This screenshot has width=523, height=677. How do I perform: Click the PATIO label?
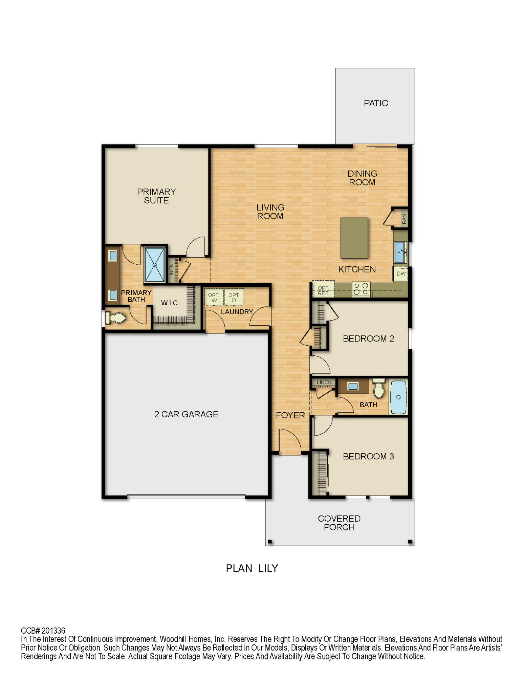pos(376,103)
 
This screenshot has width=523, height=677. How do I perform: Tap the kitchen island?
pos(354,238)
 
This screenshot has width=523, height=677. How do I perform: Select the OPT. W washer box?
pos(214,297)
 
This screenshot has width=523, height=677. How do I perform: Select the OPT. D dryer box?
pos(234,297)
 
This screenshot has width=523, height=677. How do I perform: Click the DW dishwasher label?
pos(401,274)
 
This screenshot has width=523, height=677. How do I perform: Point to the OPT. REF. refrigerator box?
pos(323,290)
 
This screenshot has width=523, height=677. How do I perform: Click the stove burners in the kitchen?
pos(361,289)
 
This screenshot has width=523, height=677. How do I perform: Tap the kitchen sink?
pos(400,252)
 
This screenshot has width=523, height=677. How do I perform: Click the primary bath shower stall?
pos(154,265)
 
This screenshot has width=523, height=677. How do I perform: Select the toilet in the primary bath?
pos(116,318)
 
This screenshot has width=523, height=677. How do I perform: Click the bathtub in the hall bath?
pos(398,397)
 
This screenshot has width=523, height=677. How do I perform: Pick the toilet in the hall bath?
pos(379,389)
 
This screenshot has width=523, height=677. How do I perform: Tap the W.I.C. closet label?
pos(170,303)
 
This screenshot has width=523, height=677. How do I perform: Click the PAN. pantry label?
pos(404,218)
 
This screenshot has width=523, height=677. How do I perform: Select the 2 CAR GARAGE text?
pos(186,414)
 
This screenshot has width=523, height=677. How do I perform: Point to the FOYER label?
pos(290,415)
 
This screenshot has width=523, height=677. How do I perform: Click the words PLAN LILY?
pos(252,568)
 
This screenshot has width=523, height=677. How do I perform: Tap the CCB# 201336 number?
pos(43,631)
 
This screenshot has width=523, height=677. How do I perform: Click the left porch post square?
pos(270,542)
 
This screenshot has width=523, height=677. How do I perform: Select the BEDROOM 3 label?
pos(368,457)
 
